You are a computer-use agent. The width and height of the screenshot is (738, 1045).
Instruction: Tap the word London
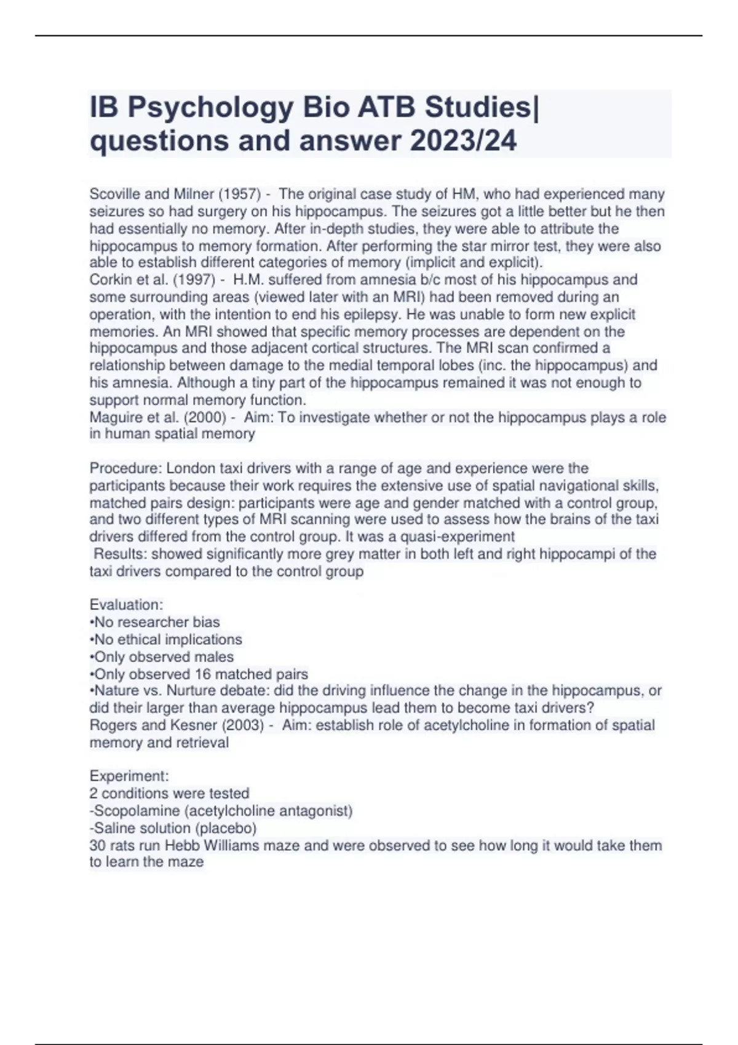[x=189, y=468]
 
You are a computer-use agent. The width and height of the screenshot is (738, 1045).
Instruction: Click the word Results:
[x=120, y=554]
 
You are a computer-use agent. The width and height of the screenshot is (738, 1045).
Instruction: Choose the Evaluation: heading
[x=126, y=605]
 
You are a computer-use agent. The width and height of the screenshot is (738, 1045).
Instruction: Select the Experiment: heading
[x=129, y=776]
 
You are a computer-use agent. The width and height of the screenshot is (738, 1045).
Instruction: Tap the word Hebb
[x=182, y=845]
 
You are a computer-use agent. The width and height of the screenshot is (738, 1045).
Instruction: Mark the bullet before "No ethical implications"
[x=92, y=640]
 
